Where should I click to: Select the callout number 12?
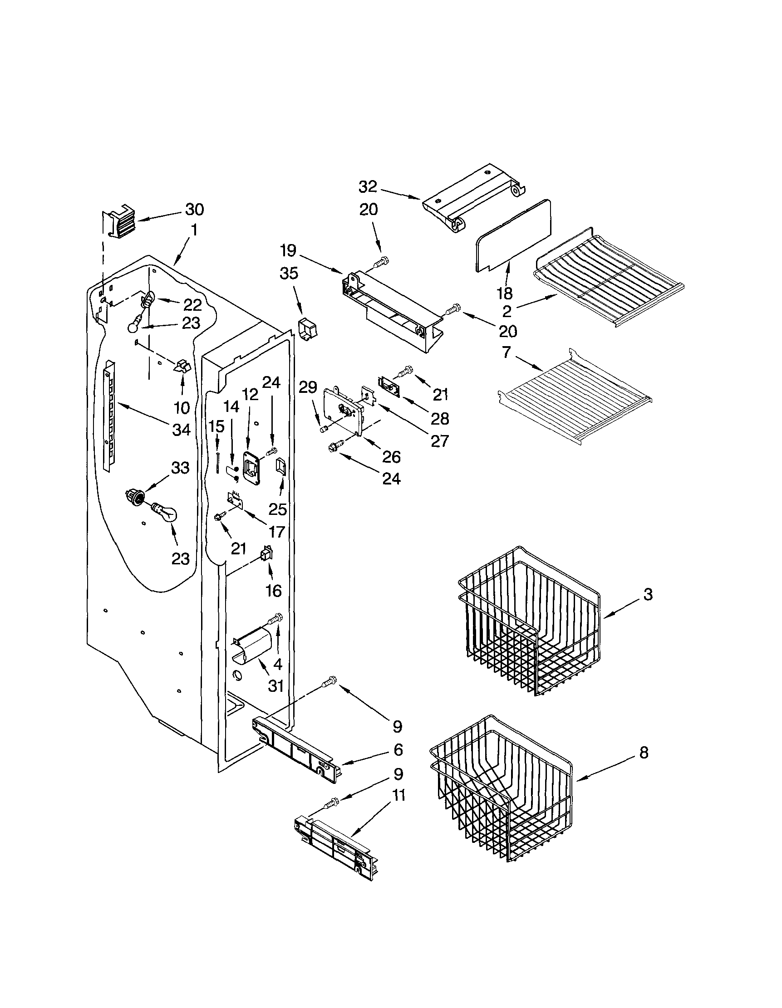click(250, 394)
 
